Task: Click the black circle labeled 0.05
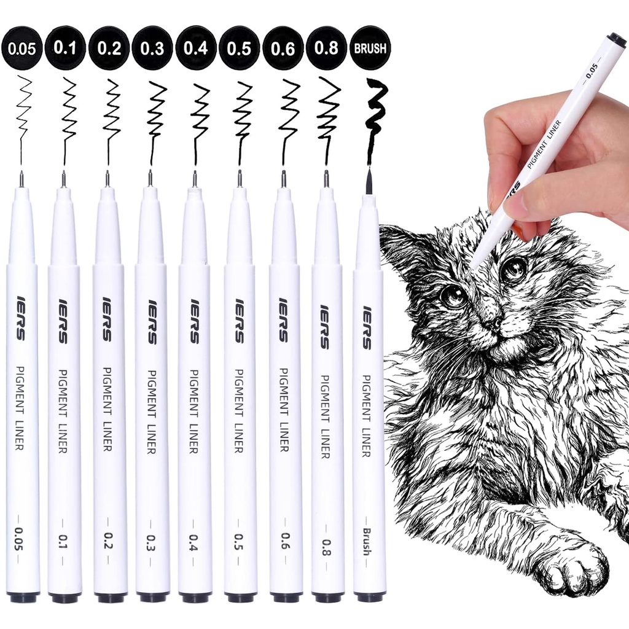click(x=21, y=48)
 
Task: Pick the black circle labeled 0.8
click(x=326, y=48)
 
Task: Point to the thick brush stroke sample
click(x=375, y=117)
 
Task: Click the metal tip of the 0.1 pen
click(x=63, y=179)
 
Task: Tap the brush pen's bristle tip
click(x=369, y=182)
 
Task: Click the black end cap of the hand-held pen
click(x=616, y=40)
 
